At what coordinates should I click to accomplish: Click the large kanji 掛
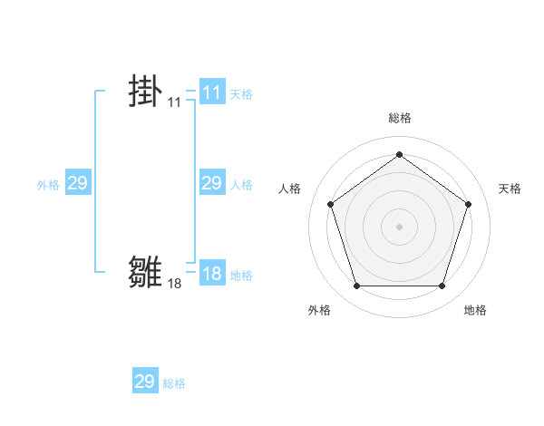tap(145, 92)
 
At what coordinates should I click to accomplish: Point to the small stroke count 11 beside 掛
tap(174, 103)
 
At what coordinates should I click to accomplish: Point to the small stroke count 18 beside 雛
tap(174, 284)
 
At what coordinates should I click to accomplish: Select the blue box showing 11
tap(211, 92)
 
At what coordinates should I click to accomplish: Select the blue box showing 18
tap(211, 275)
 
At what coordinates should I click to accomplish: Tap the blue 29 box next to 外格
tap(77, 184)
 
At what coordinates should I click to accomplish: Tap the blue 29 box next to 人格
tap(211, 184)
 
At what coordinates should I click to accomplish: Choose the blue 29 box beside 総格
tap(145, 382)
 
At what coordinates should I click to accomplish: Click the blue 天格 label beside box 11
tap(241, 93)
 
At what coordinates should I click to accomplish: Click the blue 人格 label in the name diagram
tap(241, 185)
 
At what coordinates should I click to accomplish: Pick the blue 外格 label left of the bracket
tap(48, 185)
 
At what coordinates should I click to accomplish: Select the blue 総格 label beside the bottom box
tap(174, 383)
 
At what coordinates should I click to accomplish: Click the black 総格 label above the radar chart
tap(399, 118)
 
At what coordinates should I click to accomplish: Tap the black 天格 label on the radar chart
tap(510, 189)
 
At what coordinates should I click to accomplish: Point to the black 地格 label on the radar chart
tap(475, 310)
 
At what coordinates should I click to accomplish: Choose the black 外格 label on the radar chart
tap(319, 310)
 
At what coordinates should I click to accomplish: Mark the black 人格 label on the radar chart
tap(290, 189)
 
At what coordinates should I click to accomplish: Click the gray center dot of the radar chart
tap(399, 226)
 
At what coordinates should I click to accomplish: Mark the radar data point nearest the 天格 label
tap(468, 204)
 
